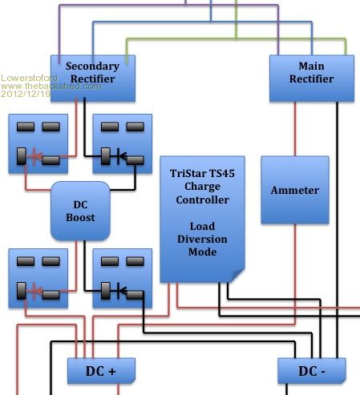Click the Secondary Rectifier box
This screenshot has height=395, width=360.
[x=93, y=79]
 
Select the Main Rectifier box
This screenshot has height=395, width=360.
[x=312, y=79]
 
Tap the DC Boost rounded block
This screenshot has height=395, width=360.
[x=80, y=211]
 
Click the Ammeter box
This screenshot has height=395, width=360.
[x=295, y=190]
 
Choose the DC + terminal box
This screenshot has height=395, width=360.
[x=101, y=371]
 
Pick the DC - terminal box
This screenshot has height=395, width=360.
[x=312, y=371]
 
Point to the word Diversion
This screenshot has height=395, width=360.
[x=202, y=239]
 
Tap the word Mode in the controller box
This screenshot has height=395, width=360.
[x=202, y=252]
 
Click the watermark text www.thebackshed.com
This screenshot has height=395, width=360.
[x=51, y=86]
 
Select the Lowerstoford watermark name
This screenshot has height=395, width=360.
[x=29, y=78]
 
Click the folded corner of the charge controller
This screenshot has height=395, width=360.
[x=237, y=275]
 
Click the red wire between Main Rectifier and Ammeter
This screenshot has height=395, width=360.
[x=295, y=129]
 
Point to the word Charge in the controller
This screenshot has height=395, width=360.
[x=202, y=187]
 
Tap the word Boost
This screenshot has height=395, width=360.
[x=80, y=217]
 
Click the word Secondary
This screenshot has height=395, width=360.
[x=92, y=67]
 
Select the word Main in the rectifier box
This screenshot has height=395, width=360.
[x=312, y=66]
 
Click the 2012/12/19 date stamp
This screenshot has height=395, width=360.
[x=26, y=94]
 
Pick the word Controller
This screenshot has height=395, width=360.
[x=202, y=200]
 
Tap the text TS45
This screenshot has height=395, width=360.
[x=222, y=173]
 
